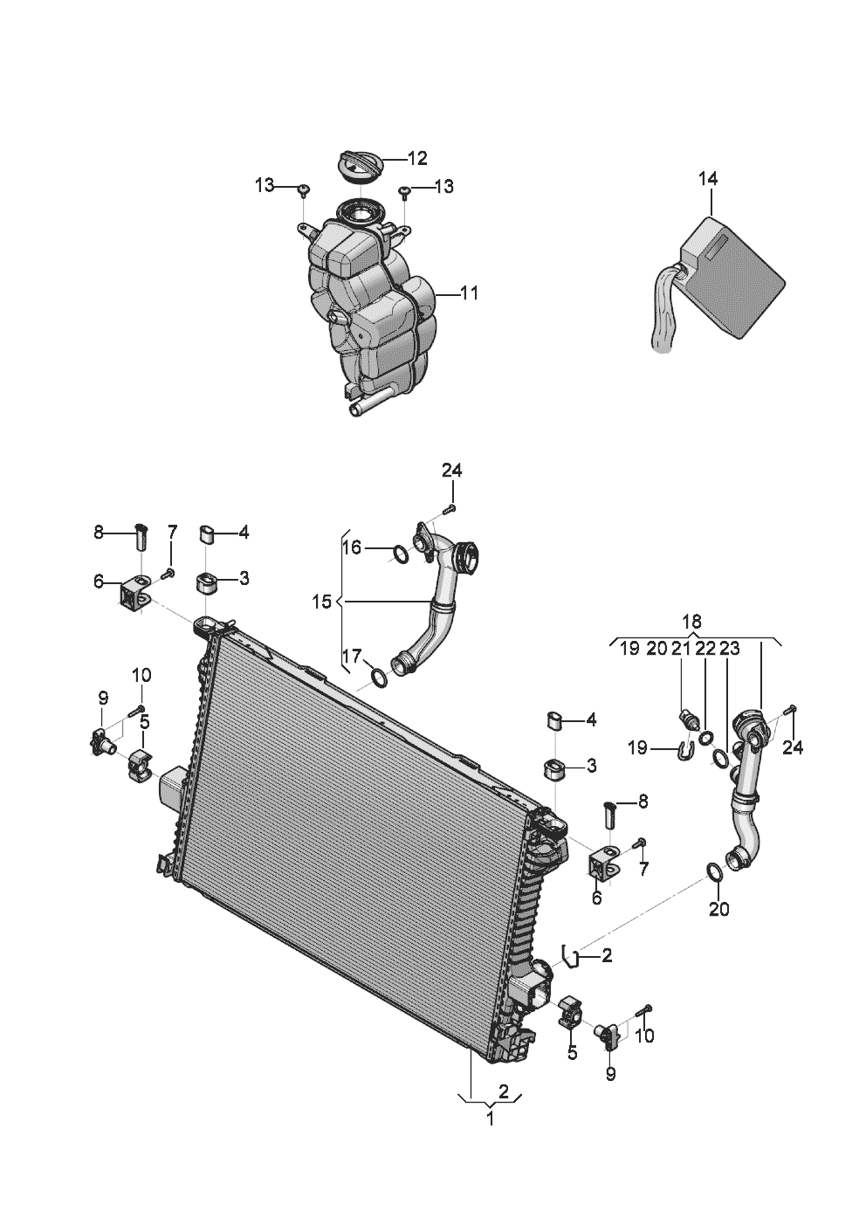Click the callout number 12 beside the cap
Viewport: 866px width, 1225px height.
[417, 158]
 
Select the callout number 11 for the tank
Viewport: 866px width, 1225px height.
[469, 293]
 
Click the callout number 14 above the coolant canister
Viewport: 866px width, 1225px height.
[707, 179]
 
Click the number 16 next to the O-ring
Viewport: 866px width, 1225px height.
[351, 548]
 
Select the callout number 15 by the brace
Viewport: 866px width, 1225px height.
[322, 602]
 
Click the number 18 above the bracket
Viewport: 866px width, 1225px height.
[691, 621]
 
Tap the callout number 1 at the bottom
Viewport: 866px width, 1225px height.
[490, 1118]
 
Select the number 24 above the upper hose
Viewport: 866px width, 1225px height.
[451, 471]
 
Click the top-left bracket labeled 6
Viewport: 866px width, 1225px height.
[134, 595]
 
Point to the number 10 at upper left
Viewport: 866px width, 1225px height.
[141, 675]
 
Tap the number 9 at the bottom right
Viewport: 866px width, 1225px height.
[610, 1074]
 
